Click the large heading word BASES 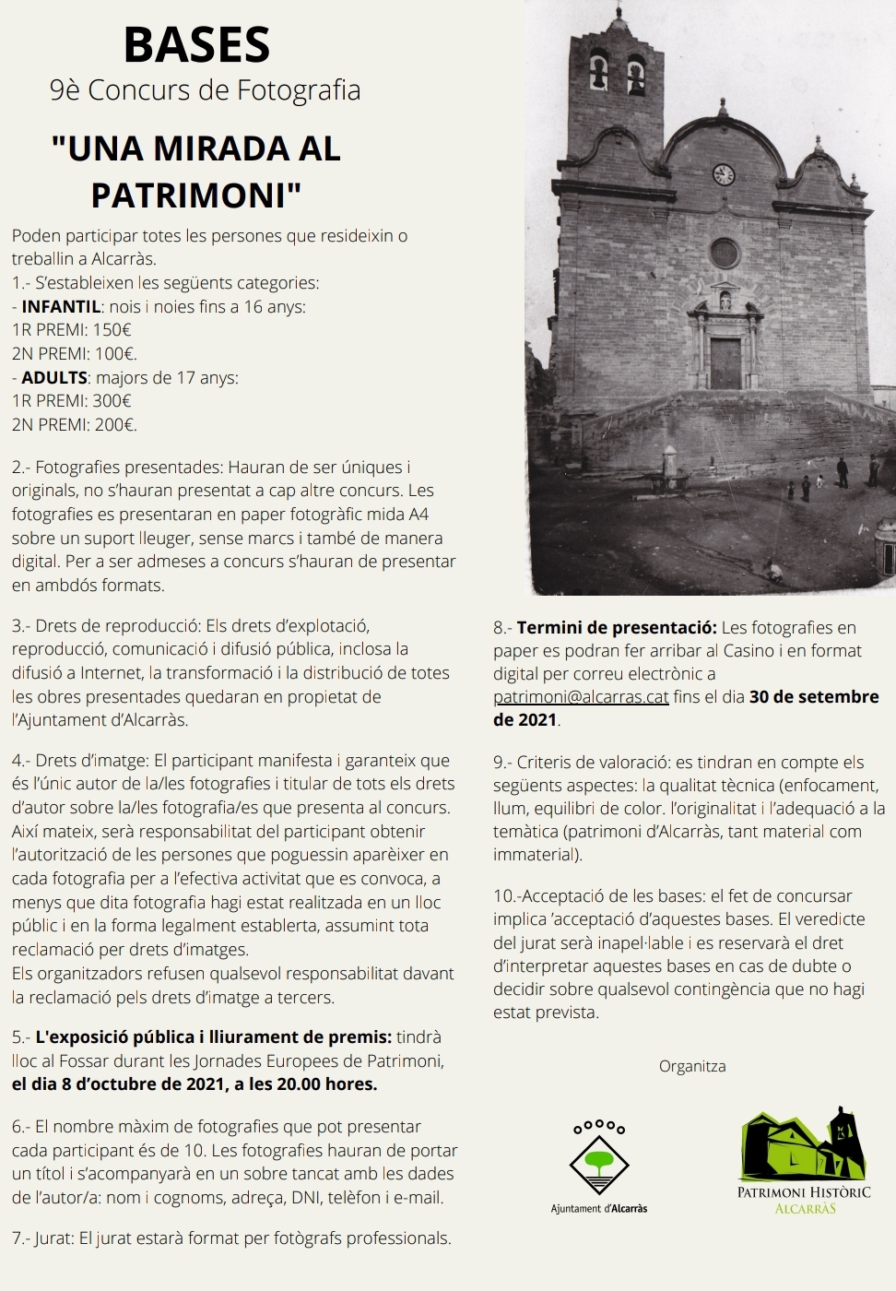(x=196, y=45)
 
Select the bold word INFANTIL (x=61, y=306)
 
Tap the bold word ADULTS (x=54, y=377)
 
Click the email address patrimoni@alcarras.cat (x=581, y=697)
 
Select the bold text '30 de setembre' (x=814, y=697)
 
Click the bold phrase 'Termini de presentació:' (x=617, y=628)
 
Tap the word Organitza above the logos (x=692, y=1067)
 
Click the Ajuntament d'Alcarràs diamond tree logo (x=598, y=1159)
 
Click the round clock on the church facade (x=724, y=174)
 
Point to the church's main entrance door (x=725, y=362)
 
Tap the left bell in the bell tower (x=599, y=75)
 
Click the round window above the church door (x=725, y=253)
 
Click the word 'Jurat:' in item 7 (x=54, y=1238)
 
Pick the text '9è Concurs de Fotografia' (x=205, y=90)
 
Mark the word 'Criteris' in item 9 (x=548, y=762)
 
